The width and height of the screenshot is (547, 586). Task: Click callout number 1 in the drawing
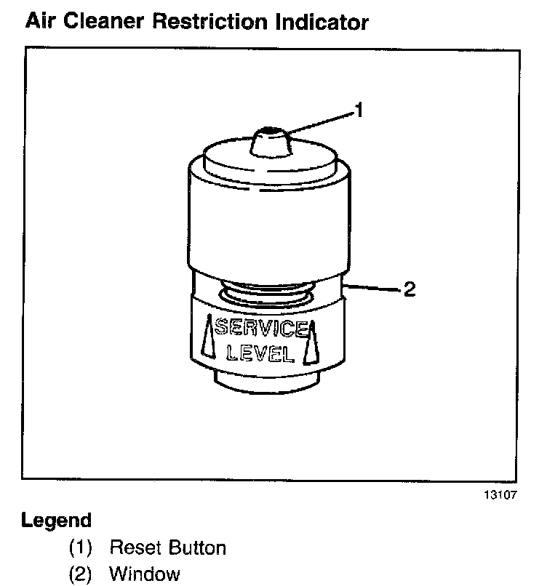pos(358,111)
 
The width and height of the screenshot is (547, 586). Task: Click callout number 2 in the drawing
pos(409,289)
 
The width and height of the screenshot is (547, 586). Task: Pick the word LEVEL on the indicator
pos(261,354)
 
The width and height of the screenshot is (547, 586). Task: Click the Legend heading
pos(56,521)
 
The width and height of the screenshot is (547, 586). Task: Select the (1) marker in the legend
pos(80,547)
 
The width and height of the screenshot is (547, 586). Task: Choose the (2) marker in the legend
pos(80,574)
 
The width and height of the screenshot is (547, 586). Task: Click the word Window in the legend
pos(144,574)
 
